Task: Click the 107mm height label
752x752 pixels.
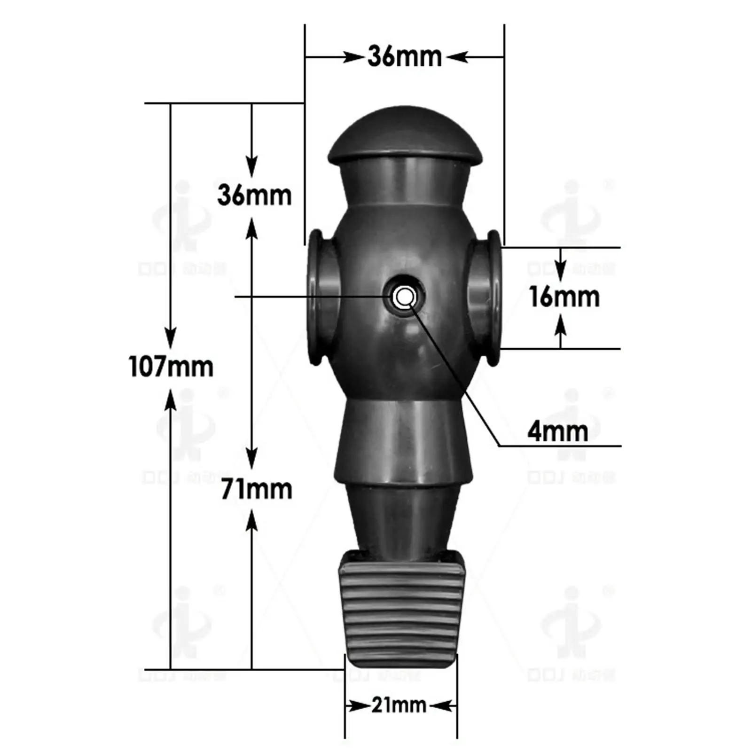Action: click(171, 367)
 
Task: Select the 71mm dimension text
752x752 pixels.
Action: click(257, 489)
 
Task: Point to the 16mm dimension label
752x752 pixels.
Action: click(564, 297)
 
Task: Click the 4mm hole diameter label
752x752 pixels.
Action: click(557, 431)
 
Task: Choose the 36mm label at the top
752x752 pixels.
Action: click(404, 57)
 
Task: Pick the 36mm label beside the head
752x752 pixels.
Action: click(254, 195)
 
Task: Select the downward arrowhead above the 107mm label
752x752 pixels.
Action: click(171, 337)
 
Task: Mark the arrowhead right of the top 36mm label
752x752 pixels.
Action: click(456, 57)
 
